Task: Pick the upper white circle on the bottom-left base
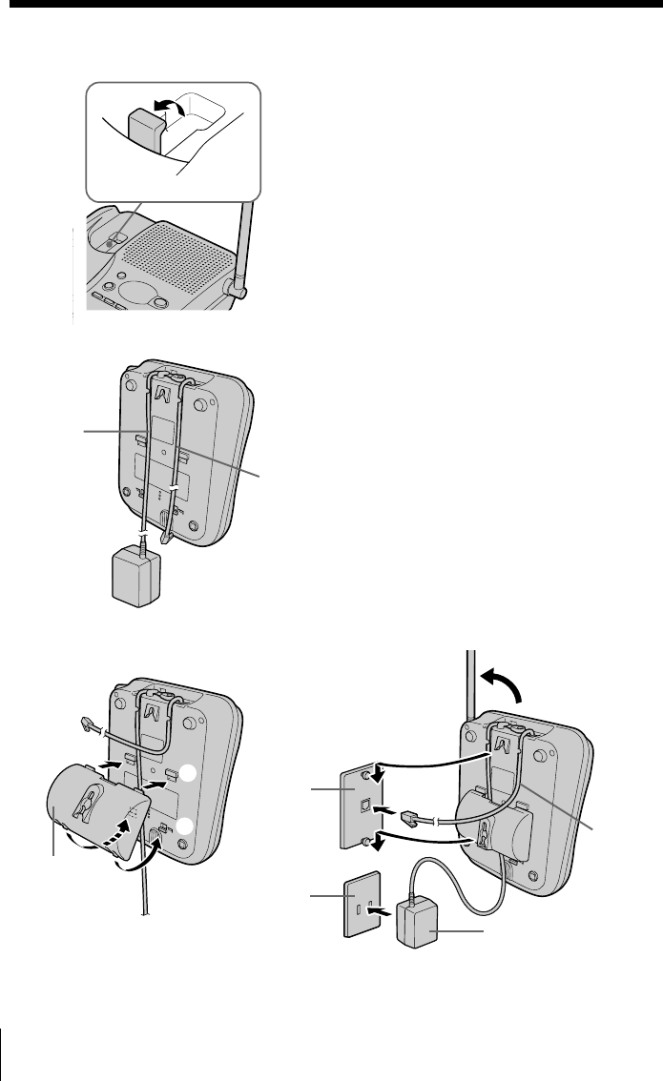pyautogui.click(x=189, y=774)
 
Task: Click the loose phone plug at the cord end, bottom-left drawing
pyautogui.click(x=90, y=725)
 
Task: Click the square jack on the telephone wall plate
pyautogui.click(x=363, y=804)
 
